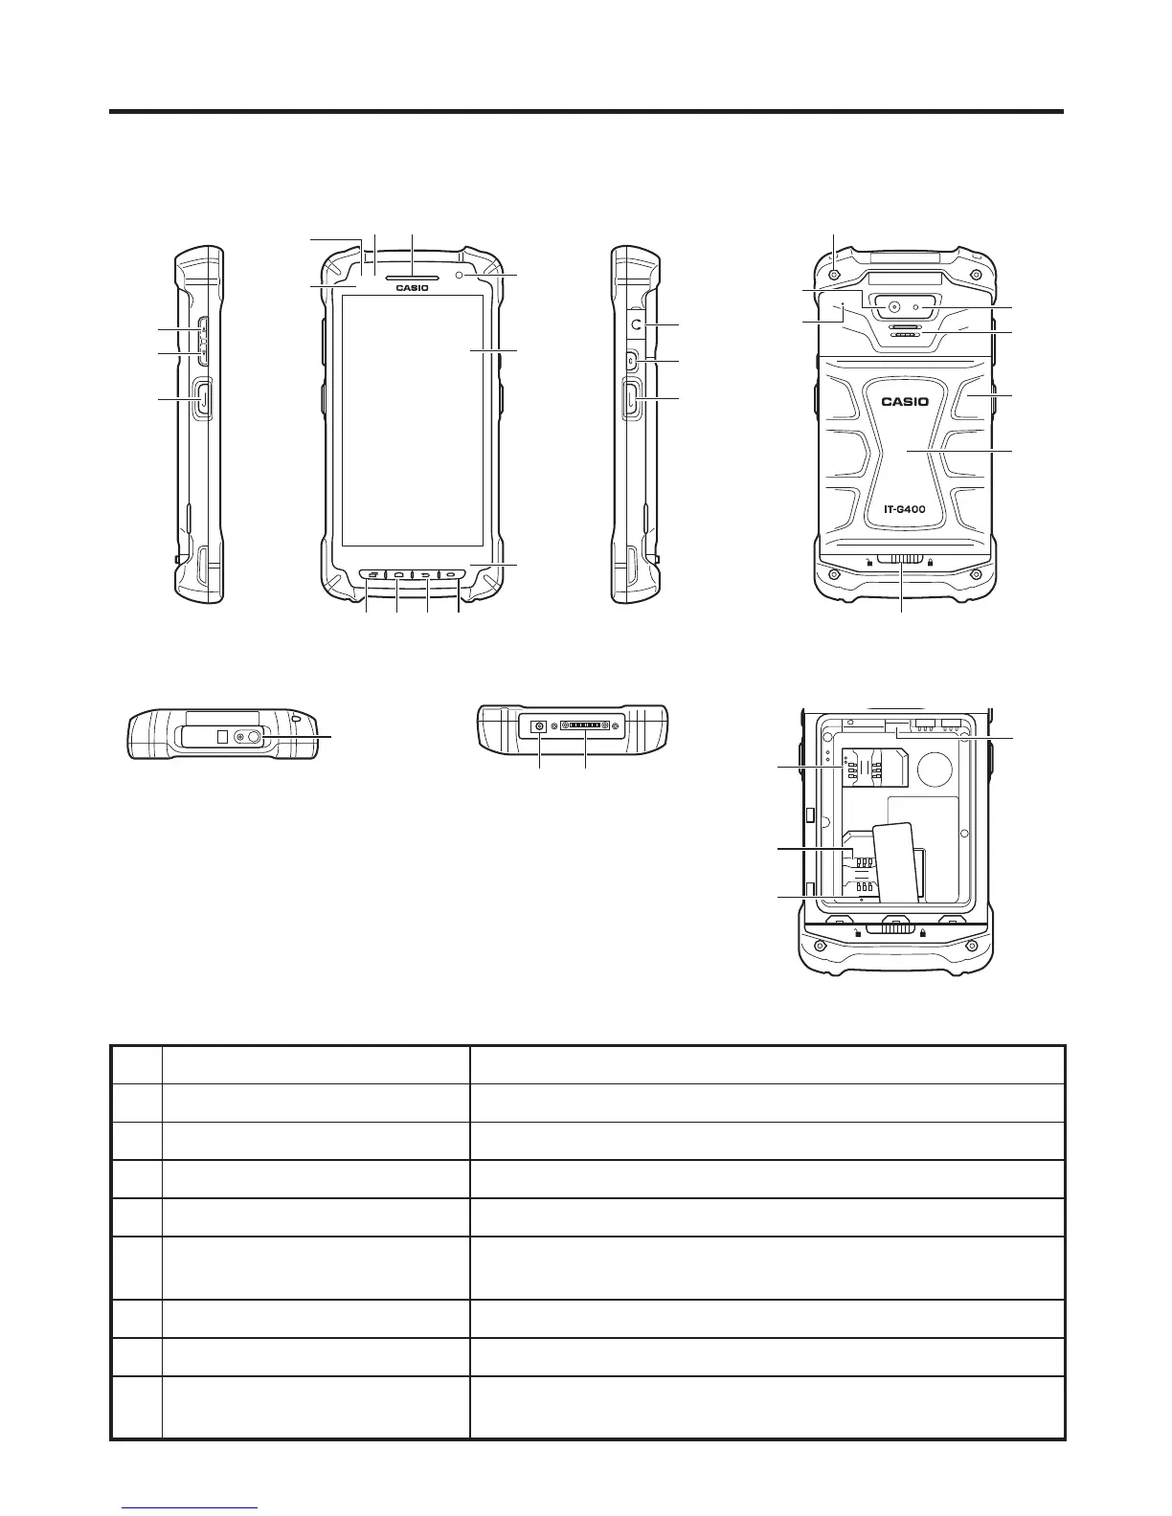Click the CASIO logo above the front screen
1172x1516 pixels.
413,286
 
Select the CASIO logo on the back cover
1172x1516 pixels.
904,401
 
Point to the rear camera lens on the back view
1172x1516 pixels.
894,308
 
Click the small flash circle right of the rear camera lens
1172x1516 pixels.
917,308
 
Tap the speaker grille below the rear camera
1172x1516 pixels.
904,331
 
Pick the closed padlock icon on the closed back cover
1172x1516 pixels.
930,562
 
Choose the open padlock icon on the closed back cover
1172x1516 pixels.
868,562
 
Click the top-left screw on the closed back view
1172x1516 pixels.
834,274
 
